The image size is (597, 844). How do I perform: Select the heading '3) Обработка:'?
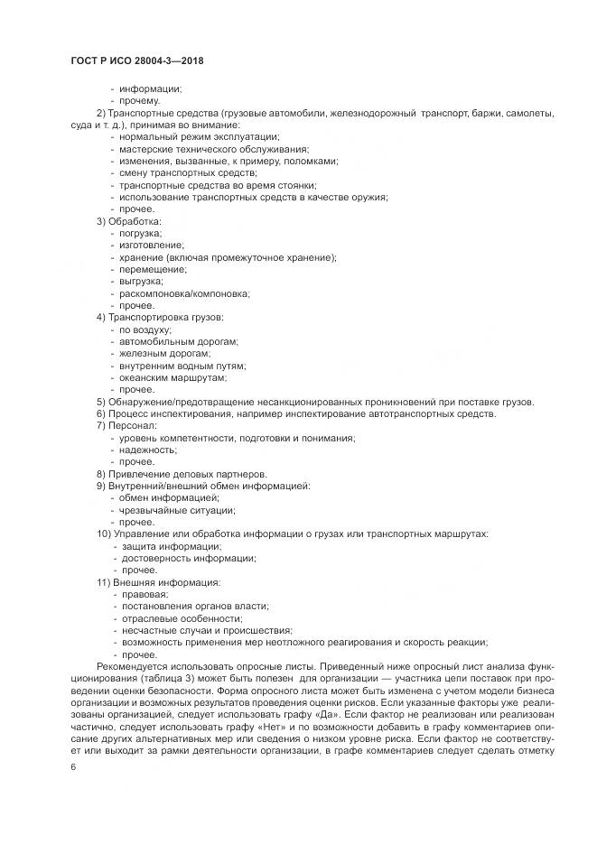point(129,221)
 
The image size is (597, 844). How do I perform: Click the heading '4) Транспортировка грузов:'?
point(159,318)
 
